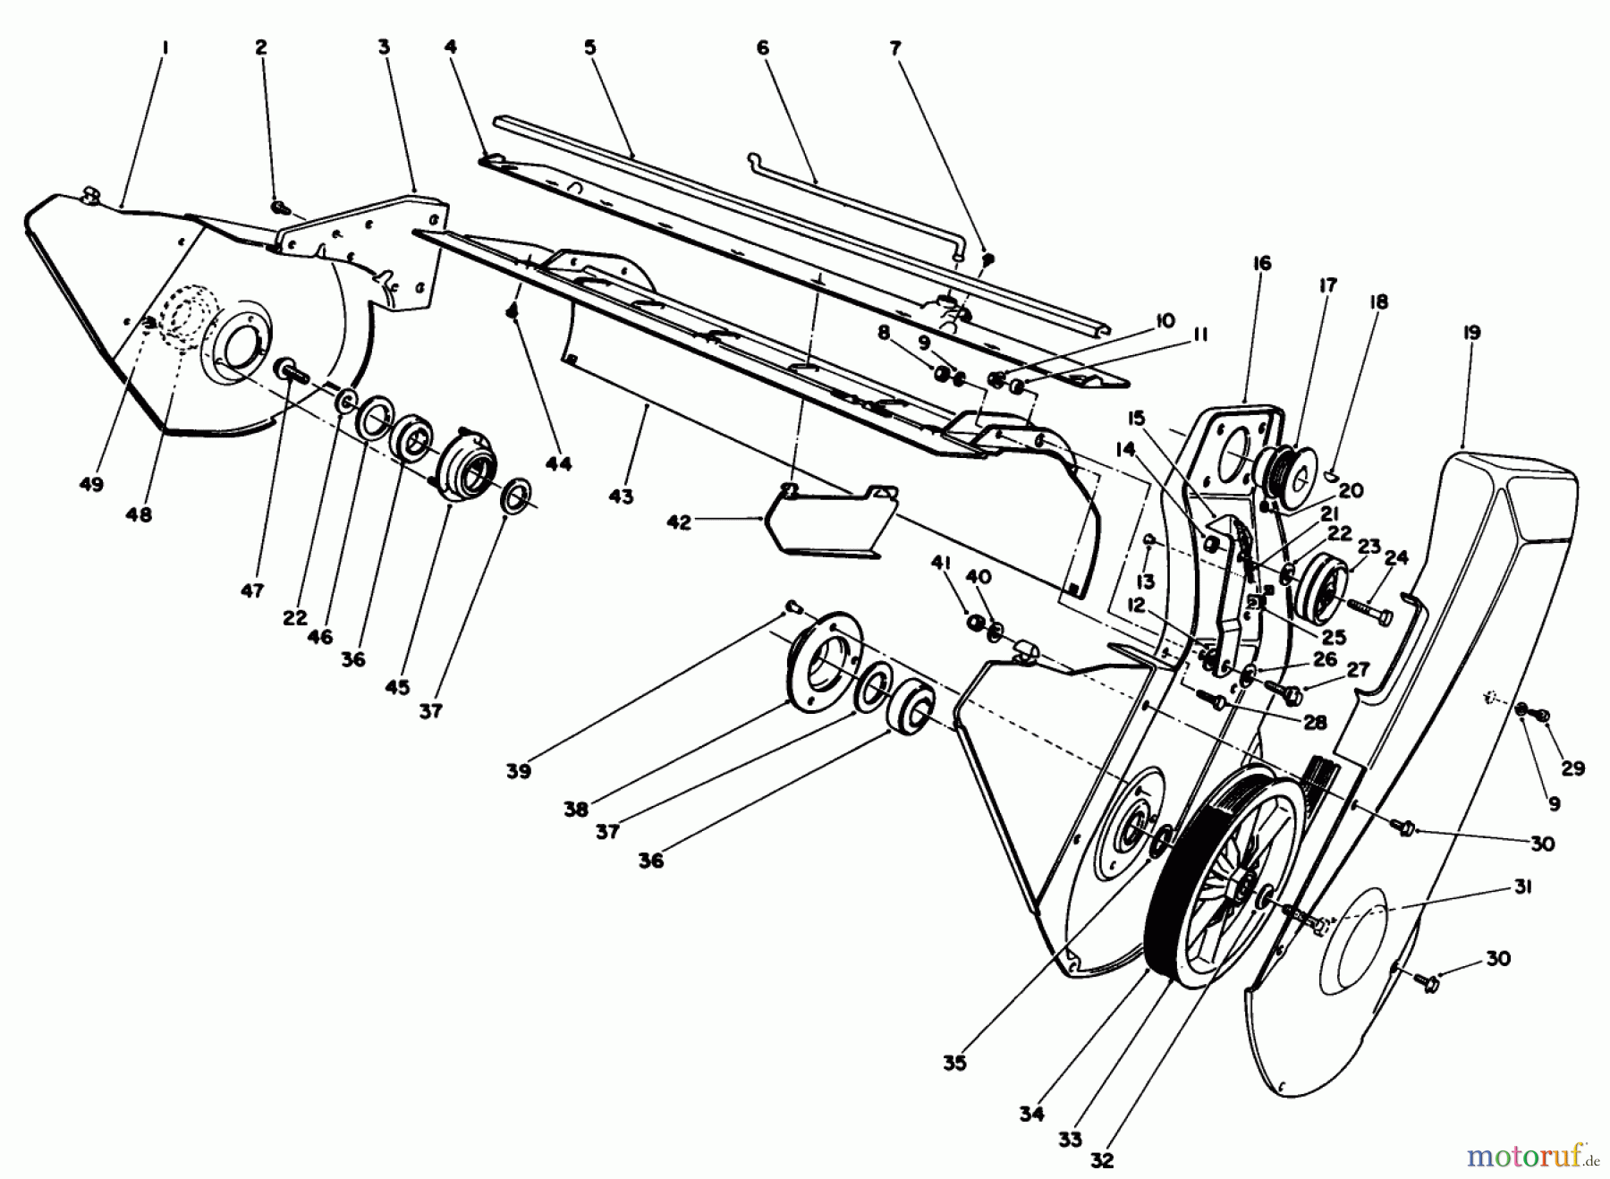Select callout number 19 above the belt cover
point(1471,332)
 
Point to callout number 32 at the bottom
point(1102,1160)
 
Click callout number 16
point(1262,263)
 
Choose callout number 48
point(139,514)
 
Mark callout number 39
point(518,770)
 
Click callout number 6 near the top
point(762,47)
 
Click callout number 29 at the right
point(1572,768)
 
